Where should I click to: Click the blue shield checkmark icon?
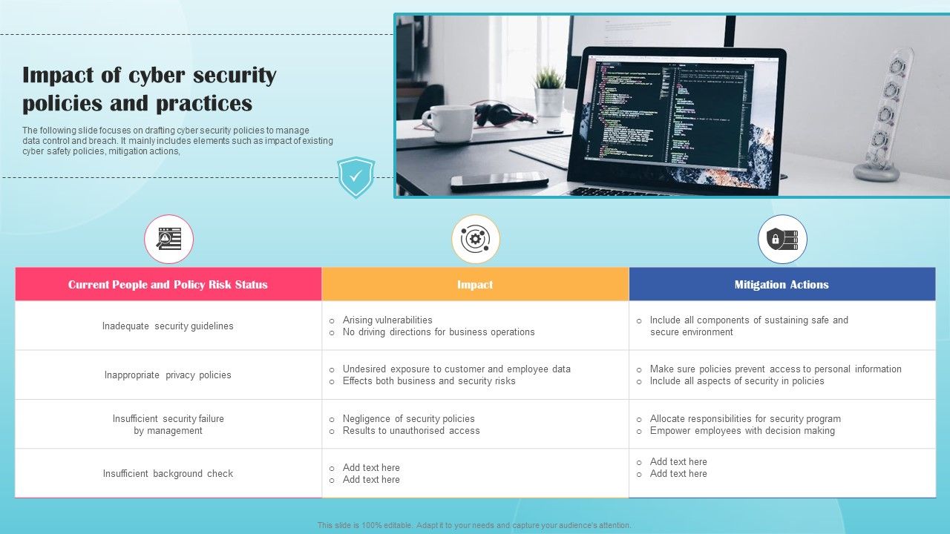pyautogui.click(x=356, y=177)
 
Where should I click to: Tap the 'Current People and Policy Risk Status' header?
pyautogui.click(x=168, y=285)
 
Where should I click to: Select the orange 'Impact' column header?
pyautogui.click(x=475, y=285)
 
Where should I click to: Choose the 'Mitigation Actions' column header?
pyautogui.click(x=782, y=285)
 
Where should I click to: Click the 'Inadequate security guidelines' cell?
pyautogui.click(x=168, y=326)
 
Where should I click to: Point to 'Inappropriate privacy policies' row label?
pyautogui.click(x=168, y=375)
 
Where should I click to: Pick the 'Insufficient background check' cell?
pyautogui.click(x=168, y=474)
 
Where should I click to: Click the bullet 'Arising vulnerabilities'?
pyautogui.click(x=387, y=320)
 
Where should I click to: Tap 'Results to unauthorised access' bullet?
pyautogui.click(x=410, y=431)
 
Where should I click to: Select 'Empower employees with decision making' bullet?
pyautogui.click(x=741, y=431)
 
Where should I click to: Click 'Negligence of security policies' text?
pyautogui.click(x=408, y=419)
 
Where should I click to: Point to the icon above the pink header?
pyautogui.click(x=169, y=239)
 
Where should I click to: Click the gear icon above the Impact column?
pyautogui.click(x=476, y=239)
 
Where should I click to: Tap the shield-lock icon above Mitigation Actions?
pyautogui.click(x=782, y=239)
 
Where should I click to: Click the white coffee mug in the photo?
pyautogui.click(x=449, y=122)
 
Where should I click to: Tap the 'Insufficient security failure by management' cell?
pyautogui.click(x=168, y=425)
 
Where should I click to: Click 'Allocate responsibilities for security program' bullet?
pyautogui.click(x=745, y=419)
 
